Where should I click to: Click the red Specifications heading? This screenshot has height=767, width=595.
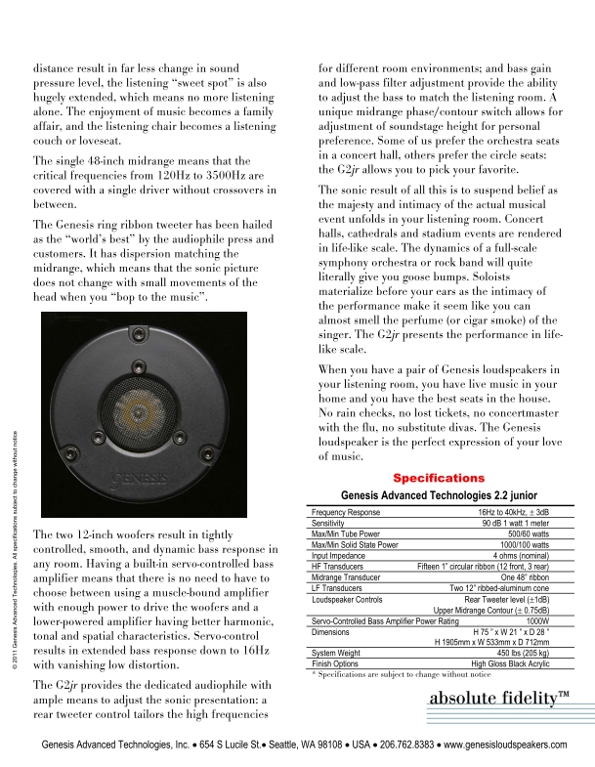coord(439,478)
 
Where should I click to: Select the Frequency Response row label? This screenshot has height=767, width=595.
coord(345,512)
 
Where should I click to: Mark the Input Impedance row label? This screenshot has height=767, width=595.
coord(338,554)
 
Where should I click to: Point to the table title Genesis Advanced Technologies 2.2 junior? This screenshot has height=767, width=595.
coord(438,495)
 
